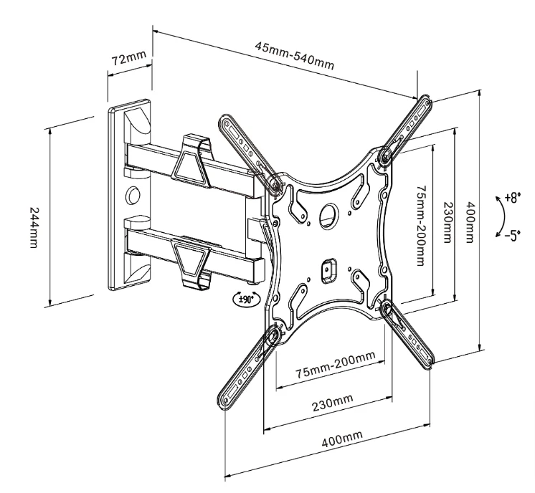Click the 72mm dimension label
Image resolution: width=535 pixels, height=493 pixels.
(129, 58)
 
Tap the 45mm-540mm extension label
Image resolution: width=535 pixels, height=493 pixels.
(295, 56)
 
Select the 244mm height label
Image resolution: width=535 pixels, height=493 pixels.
(34, 227)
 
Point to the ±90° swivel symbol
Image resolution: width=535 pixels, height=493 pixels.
(247, 300)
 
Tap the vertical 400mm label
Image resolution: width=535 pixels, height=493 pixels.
(470, 222)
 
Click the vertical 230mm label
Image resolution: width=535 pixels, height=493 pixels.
(448, 222)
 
